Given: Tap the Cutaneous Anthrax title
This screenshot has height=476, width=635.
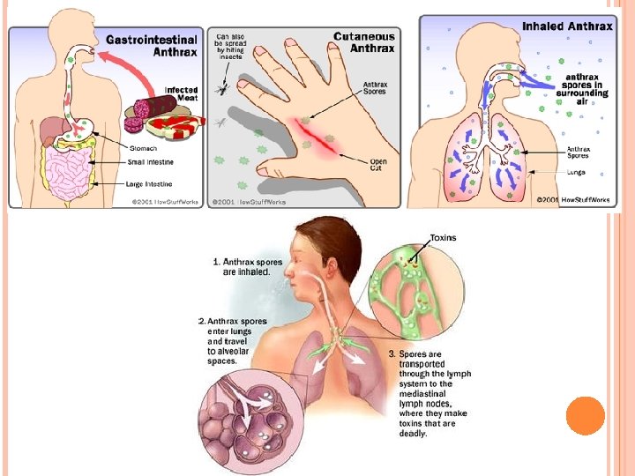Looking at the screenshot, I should coord(364,42).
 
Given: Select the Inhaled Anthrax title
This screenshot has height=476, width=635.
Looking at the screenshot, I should coord(567,26).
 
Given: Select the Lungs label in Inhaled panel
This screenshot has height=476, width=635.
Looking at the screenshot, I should coord(578,172).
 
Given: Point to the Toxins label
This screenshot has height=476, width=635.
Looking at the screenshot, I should coord(444,237).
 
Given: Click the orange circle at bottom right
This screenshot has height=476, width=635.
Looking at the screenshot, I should coord(585,415).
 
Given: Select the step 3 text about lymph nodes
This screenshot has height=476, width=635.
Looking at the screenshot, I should coord(430,392).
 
